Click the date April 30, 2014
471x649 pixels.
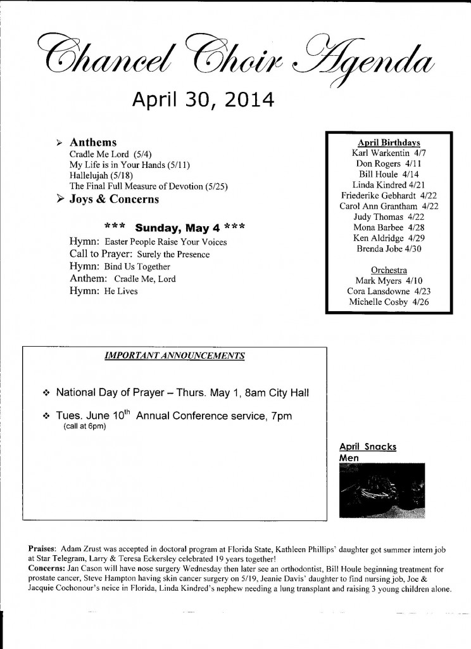click(194, 100)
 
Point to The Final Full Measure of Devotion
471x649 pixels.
click(148, 186)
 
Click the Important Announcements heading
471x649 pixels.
click(174, 356)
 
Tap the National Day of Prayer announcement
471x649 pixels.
click(182, 393)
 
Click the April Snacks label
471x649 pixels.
click(368, 446)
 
